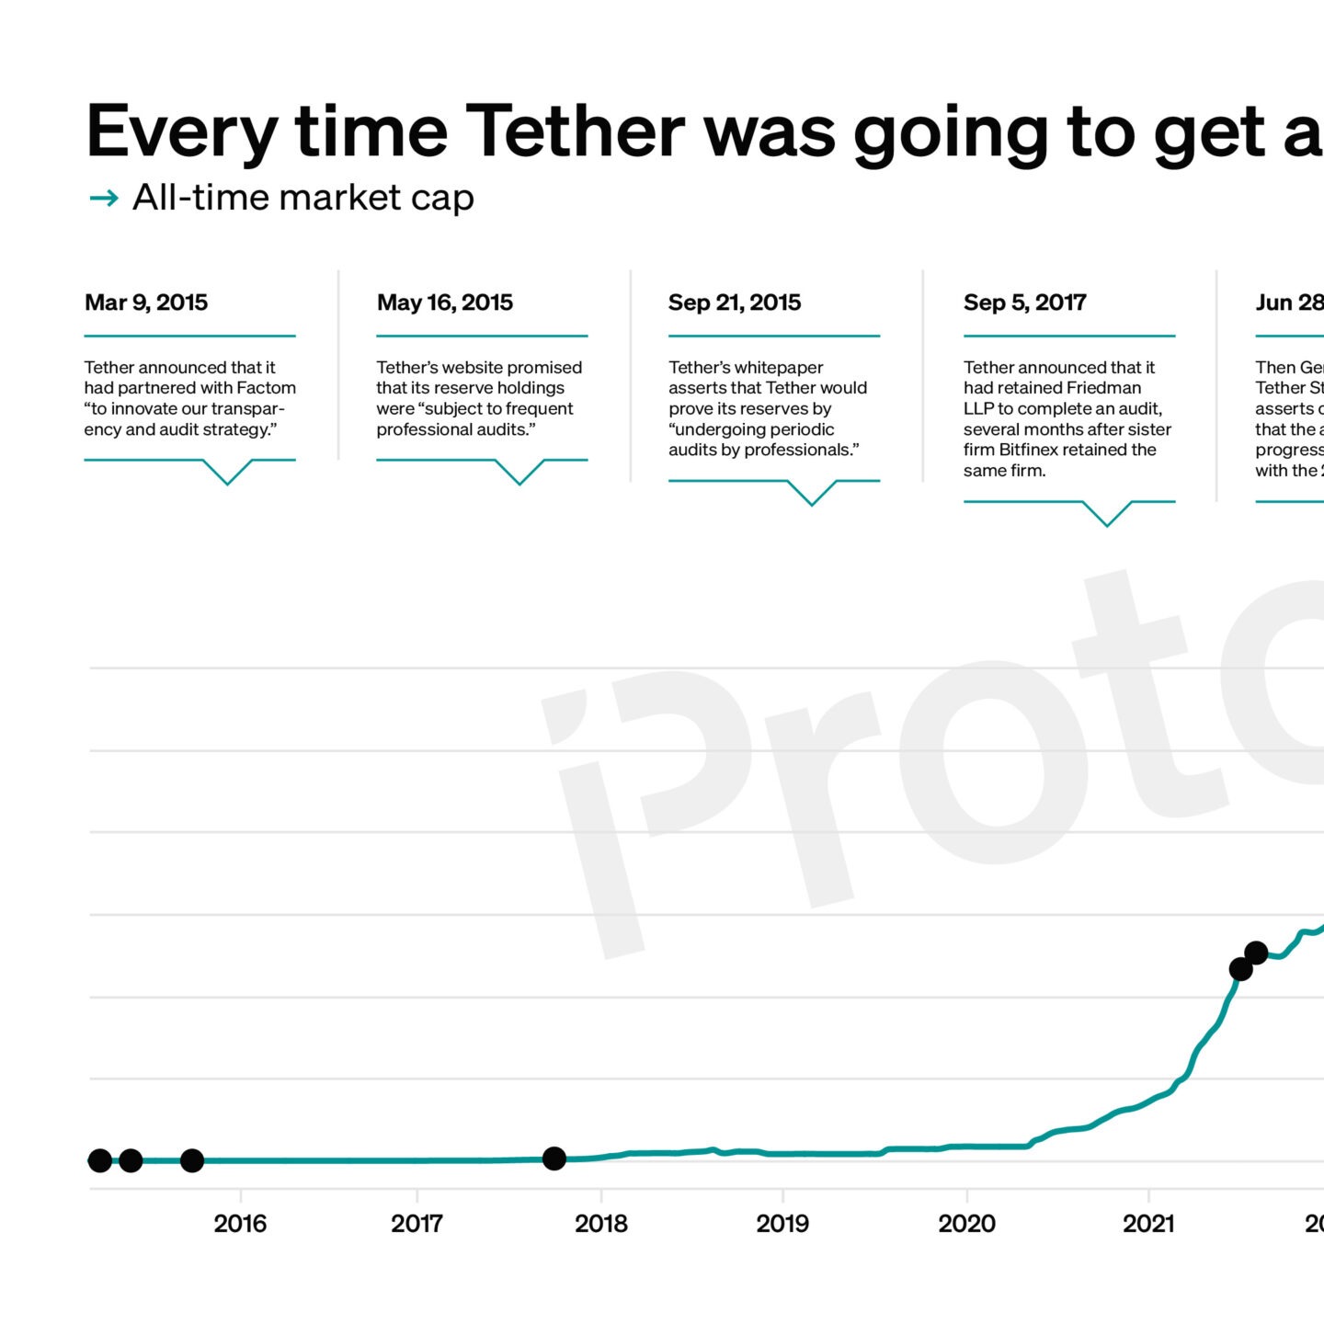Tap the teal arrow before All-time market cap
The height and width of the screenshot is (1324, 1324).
point(104,198)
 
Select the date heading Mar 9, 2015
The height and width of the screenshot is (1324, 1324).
point(146,302)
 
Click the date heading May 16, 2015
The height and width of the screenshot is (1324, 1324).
point(444,302)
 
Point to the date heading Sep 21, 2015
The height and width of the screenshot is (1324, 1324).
point(734,302)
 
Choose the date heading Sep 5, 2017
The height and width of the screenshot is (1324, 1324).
point(1024,302)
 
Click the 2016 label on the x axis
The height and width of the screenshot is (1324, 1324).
point(240,1223)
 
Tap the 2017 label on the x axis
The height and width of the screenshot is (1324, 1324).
point(417,1223)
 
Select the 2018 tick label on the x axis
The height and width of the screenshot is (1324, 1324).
point(600,1223)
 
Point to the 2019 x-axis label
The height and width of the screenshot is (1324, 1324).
point(782,1223)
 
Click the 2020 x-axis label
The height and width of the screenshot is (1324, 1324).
point(966,1223)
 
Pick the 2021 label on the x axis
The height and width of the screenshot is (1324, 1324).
point(1148,1223)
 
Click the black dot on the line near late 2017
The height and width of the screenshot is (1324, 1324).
point(554,1158)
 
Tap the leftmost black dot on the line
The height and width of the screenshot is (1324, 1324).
point(100,1160)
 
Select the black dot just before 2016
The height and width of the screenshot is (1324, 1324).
point(191,1160)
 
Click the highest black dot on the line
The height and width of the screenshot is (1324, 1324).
point(1256,953)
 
